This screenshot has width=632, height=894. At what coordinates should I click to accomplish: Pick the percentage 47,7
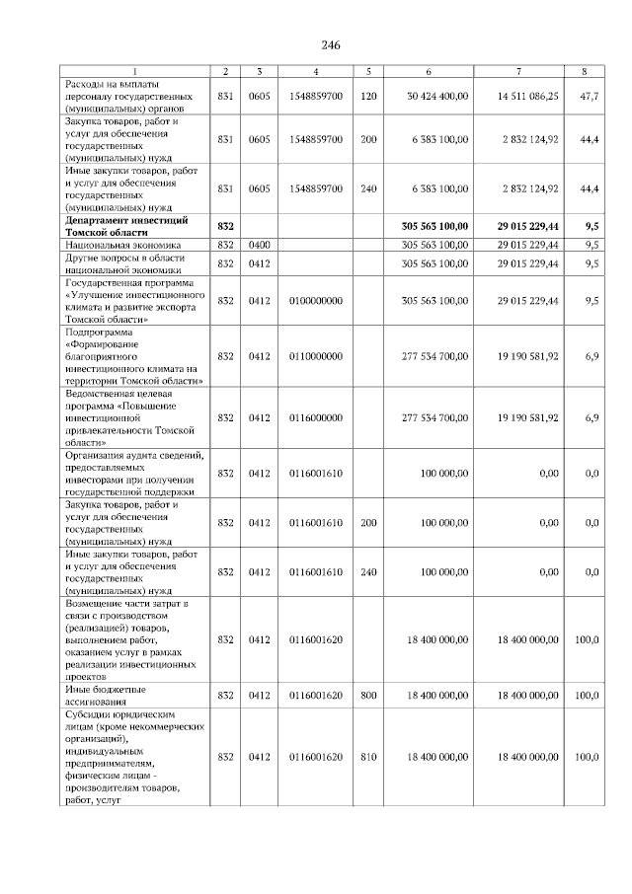(x=590, y=96)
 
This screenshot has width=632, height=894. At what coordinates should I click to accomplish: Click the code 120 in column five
(x=369, y=96)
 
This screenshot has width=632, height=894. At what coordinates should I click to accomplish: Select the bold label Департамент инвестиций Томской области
(x=125, y=226)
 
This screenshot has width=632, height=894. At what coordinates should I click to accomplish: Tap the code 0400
(x=260, y=243)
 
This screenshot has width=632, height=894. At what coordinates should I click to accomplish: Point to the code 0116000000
(x=315, y=418)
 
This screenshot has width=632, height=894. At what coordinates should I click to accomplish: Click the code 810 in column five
(x=369, y=757)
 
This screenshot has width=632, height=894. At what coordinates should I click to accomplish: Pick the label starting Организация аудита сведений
(x=133, y=474)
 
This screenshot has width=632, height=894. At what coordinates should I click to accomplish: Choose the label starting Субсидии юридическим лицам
(x=133, y=757)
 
